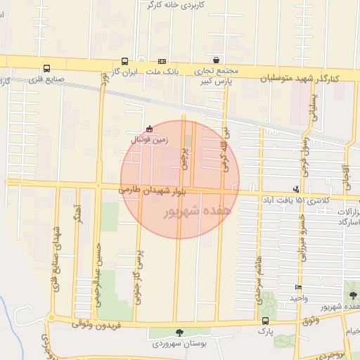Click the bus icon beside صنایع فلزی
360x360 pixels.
coord(46,69)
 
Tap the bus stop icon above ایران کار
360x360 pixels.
coord(124,61)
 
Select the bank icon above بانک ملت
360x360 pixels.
coord(162,61)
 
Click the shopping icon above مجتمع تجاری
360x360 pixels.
coord(215,60)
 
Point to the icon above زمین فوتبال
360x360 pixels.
coord(149,129)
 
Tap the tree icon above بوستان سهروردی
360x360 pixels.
coord(179,333)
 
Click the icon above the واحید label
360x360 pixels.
coord(298,288)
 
